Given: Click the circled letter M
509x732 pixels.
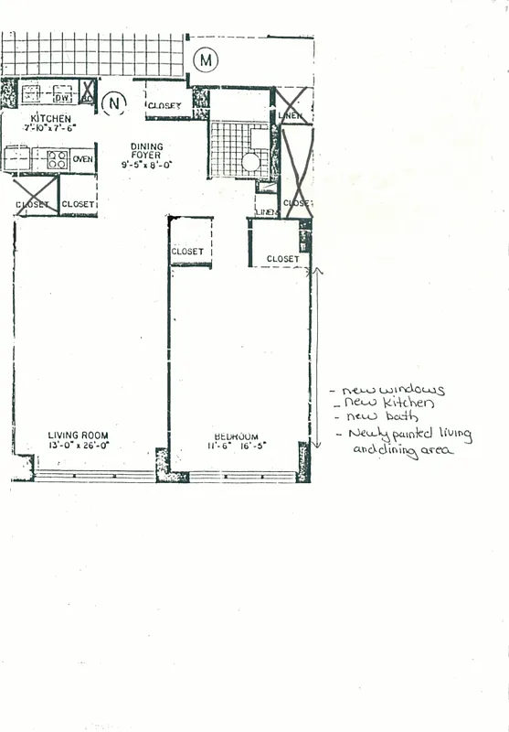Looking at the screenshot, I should [x=207, y=60].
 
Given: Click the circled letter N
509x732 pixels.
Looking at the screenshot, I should [x=113, y=103].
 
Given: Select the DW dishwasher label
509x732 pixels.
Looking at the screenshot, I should [x=62, y=97].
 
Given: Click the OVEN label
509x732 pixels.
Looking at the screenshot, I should [x=82, y=159].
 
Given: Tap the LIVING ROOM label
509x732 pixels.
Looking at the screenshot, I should [x=79, y=436].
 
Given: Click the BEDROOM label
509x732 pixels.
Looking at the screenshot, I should [x=236, y=436].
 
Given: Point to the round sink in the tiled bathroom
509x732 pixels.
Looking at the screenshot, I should [x=250, y=163].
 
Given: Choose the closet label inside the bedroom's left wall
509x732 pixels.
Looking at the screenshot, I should [x=187, y=251].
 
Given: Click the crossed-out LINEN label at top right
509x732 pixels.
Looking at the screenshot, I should [x=289, y=115].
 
